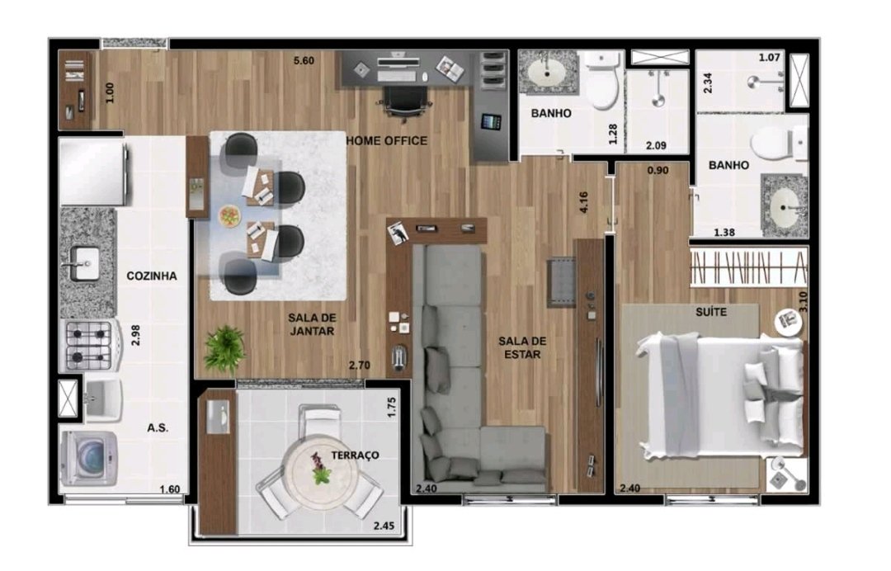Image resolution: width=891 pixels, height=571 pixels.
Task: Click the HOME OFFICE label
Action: [387, 140]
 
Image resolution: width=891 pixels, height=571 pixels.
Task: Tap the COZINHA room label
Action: [151, 276]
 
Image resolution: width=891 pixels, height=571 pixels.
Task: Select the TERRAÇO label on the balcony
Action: [355, 455]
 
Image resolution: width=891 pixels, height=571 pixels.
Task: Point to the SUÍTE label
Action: [711, 312]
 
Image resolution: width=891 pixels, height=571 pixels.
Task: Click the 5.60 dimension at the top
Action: [304, 60]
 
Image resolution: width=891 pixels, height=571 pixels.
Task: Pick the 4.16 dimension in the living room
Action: [583, 202]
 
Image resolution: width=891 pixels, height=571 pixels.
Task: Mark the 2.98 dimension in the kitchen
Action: [135, 335]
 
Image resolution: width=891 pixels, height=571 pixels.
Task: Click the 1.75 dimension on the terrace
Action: [392, 408]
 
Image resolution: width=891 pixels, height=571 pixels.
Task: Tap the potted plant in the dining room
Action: [225, 348]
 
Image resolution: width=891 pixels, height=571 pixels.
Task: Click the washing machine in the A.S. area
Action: [88, 458]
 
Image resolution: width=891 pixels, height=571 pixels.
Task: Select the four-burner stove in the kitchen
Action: [91, 344]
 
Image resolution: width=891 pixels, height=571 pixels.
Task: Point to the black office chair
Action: [404, 103]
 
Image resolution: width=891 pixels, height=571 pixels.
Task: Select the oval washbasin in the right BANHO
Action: [785, 207]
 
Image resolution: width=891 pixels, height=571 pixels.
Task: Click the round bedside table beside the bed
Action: [789, 321]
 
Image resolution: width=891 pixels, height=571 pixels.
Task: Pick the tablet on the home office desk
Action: [491, 121]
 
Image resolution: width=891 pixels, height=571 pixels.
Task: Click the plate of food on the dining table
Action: [230, 215]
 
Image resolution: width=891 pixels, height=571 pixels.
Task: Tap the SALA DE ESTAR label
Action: [522, 347]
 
